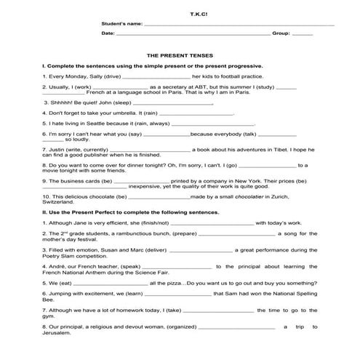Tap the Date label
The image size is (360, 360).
pyautogui.click(x=108, y=34)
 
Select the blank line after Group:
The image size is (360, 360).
pyautogui.click(x=301, y=34)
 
